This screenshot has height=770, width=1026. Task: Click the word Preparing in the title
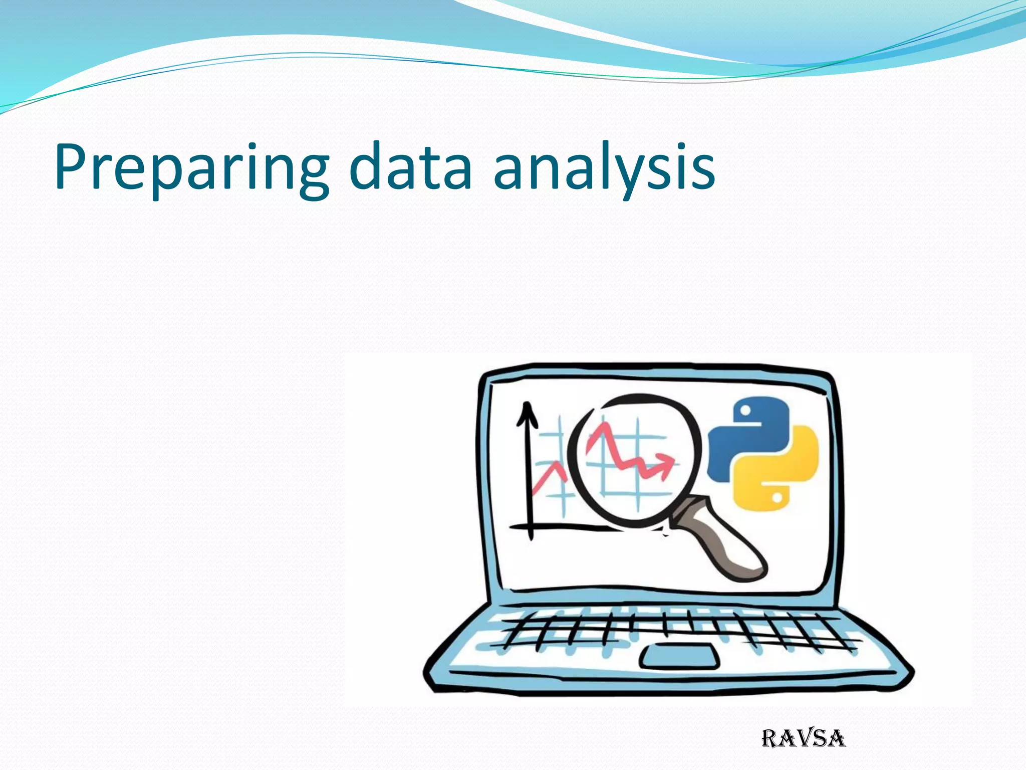190,168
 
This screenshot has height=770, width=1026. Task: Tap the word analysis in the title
604,168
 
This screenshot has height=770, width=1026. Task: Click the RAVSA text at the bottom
803,738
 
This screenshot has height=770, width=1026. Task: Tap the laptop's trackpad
679,656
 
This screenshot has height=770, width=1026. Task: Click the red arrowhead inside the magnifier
666,464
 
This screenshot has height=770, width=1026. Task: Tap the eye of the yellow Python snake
777,497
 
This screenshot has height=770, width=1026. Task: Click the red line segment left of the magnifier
549,476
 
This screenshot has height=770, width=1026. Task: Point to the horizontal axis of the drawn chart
561,526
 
